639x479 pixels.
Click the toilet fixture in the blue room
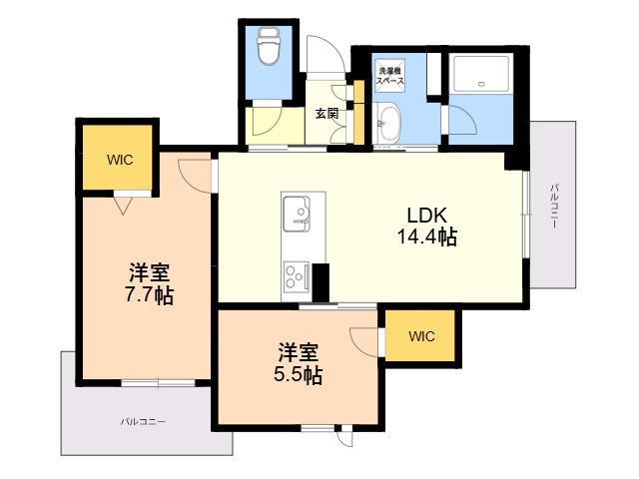tap(269, 46)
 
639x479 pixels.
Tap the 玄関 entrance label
tap(326, 113)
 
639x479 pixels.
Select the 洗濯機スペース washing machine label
tap(389, 76)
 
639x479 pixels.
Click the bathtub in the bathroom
tap(481, 74)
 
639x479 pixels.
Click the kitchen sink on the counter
tap(297, 214)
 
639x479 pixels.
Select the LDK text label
tap(427, 216)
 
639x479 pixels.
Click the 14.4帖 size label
tap(426, 237)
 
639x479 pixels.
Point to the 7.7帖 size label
tap(149, 295)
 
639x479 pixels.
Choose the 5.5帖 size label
tap(298, 375)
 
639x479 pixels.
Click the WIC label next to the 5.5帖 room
tap(421, 336)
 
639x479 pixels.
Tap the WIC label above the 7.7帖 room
tap(120, 160)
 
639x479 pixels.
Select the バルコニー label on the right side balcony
tap(553, 206)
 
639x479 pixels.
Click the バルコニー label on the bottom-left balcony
tap(143, 421)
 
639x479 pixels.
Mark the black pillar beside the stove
tap(320, 282)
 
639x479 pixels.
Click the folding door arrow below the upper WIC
tap(123, 206)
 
